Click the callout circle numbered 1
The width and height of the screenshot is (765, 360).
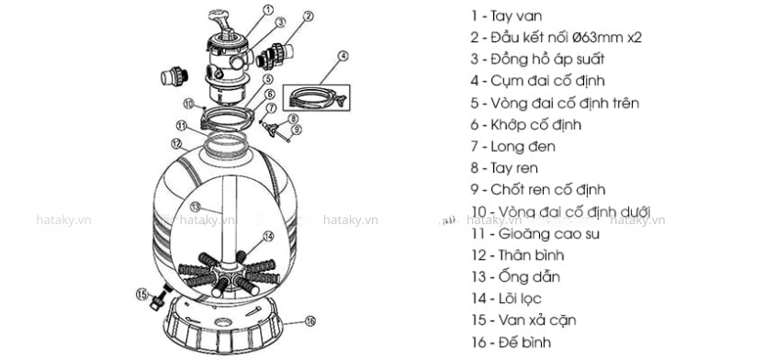point(268,10)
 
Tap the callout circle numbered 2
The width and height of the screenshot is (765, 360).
point(308,17)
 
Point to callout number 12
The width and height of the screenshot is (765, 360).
point(176,144)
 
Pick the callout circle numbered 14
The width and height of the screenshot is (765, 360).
point(268,236)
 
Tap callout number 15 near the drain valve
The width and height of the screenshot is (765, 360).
point(141,294)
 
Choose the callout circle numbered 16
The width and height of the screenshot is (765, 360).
point(310,321)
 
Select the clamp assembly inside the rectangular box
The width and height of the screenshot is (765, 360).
point(317,97)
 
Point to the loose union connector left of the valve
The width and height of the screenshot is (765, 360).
point(174,76)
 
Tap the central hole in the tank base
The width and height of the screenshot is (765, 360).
point(223,323)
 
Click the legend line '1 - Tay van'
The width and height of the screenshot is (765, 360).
point(506,17)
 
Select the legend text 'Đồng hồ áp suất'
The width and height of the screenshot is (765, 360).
point(547,59)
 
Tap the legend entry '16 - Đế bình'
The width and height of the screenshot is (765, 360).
point(512,342)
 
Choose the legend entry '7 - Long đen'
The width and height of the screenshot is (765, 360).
point(513,146)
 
